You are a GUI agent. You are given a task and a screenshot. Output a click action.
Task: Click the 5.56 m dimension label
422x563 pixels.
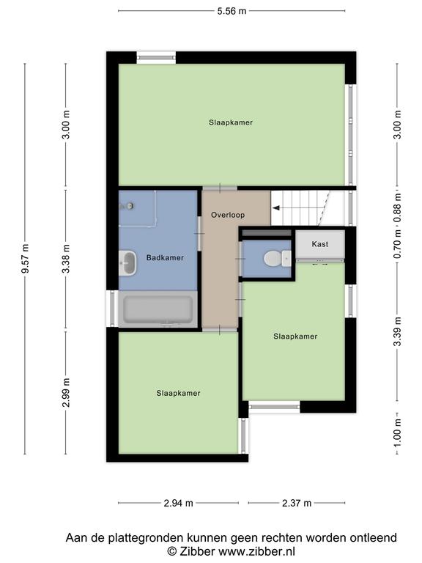point(232,11)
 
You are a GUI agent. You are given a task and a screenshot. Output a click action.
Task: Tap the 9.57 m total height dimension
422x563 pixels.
point(25,258)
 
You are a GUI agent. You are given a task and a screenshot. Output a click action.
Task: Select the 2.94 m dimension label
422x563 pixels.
point(178,503)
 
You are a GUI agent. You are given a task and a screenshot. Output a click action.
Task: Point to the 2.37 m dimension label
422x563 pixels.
point(297,503)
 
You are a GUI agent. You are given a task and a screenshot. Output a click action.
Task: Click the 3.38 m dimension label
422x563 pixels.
point(66,258)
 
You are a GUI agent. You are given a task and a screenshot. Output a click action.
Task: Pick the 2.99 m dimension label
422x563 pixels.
point(66,393)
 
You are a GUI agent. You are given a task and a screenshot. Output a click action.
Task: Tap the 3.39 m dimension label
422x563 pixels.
point(397,332)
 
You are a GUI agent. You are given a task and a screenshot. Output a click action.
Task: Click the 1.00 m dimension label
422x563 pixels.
point(397,433)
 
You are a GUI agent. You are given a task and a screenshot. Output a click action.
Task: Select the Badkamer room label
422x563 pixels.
point(165,257)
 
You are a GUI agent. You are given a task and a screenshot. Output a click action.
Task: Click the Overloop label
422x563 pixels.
point(228,215)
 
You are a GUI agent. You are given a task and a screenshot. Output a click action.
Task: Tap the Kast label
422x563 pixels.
point(319,244)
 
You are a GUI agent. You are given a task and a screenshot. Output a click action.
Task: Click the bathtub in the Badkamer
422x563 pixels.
point(158,309)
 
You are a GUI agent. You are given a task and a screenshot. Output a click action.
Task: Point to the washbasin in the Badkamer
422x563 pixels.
point(127,263)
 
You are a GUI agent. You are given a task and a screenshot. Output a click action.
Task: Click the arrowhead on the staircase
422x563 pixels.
point(276,208)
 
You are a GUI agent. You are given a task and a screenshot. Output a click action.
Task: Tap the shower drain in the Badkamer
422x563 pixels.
point(130,206)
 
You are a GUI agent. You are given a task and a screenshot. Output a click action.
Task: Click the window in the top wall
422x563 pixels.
point(156,58)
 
